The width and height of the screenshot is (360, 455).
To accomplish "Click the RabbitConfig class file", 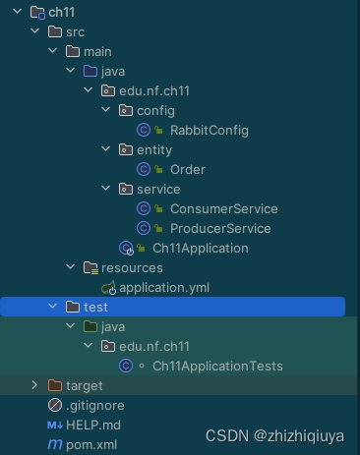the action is [210, 131].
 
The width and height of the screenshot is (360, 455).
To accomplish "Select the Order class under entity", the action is [188, 170].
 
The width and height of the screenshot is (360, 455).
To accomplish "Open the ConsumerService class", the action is [224, 209].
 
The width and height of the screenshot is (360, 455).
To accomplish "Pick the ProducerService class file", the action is [220, 229].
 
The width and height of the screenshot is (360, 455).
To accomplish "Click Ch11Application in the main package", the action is [201, 249].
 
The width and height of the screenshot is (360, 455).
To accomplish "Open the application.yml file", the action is [164, 288].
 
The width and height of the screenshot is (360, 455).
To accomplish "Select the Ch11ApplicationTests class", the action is [217, 367].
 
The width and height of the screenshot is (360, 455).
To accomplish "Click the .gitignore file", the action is [95, 406].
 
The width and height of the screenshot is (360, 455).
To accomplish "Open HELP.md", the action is [93, 426].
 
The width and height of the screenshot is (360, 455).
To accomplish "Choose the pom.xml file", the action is [91, 445].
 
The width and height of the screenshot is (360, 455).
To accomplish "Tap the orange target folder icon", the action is [55, 385].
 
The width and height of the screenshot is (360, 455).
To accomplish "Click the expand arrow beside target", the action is [34, 385].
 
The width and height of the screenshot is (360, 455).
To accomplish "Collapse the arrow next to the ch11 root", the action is [17, 12].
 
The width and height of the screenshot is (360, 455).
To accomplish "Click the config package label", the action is [155, 111].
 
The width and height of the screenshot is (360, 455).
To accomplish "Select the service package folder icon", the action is [126, 189].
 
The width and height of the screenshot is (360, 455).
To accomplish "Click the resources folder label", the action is [132, 268].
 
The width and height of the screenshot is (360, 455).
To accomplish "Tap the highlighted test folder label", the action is [95, 308].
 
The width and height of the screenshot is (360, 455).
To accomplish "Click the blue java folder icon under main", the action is [90, 71].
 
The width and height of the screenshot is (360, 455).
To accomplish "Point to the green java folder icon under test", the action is [90, 326].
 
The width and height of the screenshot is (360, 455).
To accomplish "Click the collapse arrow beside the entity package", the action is [105, 149].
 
